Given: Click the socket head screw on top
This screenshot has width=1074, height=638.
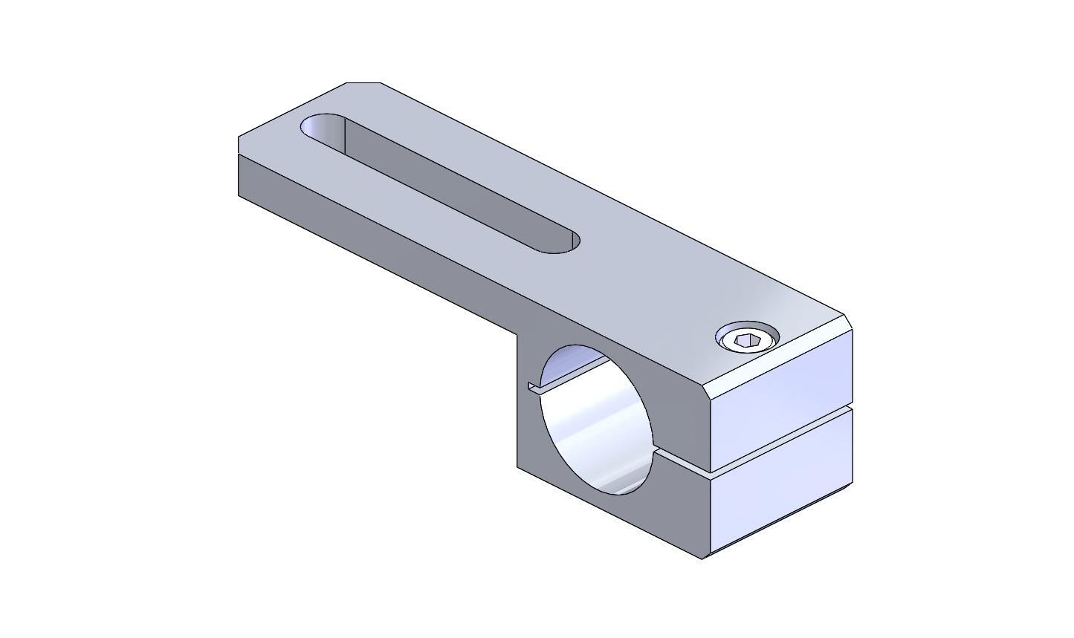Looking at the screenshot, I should [x=748, y=339].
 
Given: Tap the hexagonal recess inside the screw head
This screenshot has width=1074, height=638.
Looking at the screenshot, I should [x=747, y=342].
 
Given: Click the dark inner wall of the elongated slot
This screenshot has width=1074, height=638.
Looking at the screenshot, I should [x=446, y=178].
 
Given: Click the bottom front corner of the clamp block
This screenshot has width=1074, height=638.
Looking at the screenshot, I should [x=702, y=557].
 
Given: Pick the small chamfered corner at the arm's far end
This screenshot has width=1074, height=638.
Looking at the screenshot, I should [x=363, y=82].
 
